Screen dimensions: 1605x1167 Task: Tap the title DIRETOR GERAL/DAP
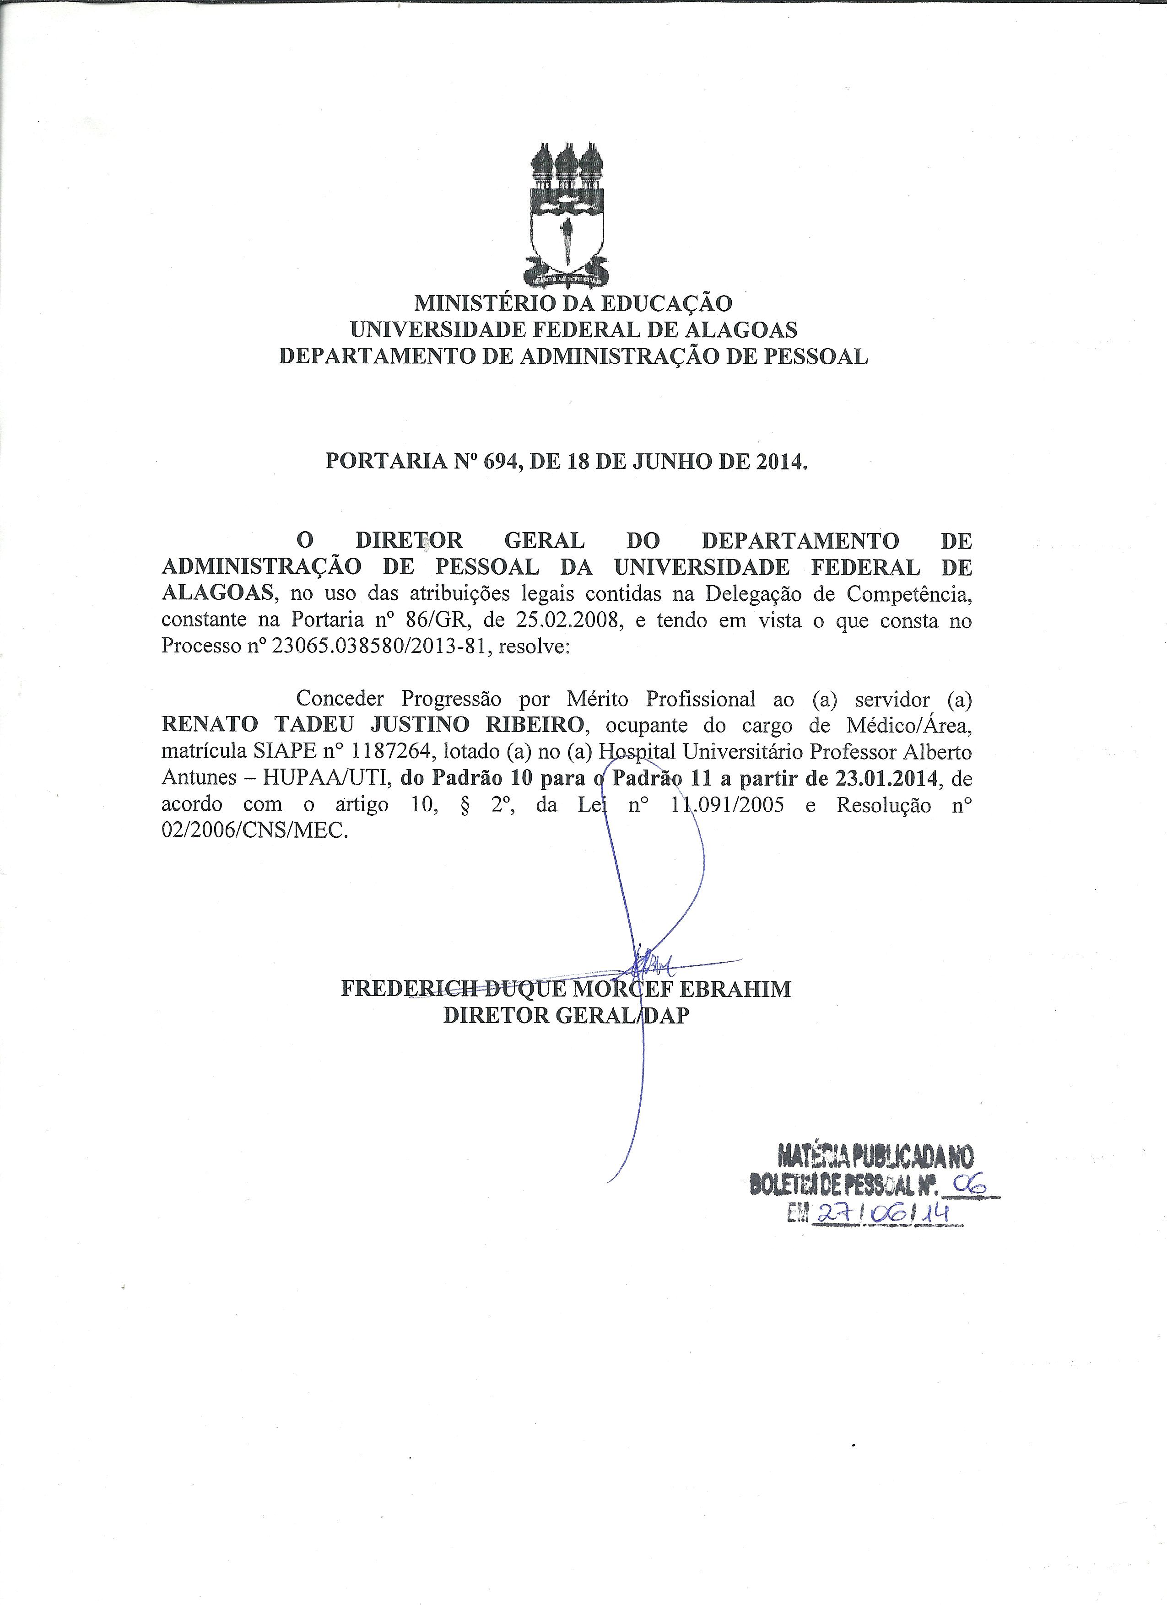[566, 1016]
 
